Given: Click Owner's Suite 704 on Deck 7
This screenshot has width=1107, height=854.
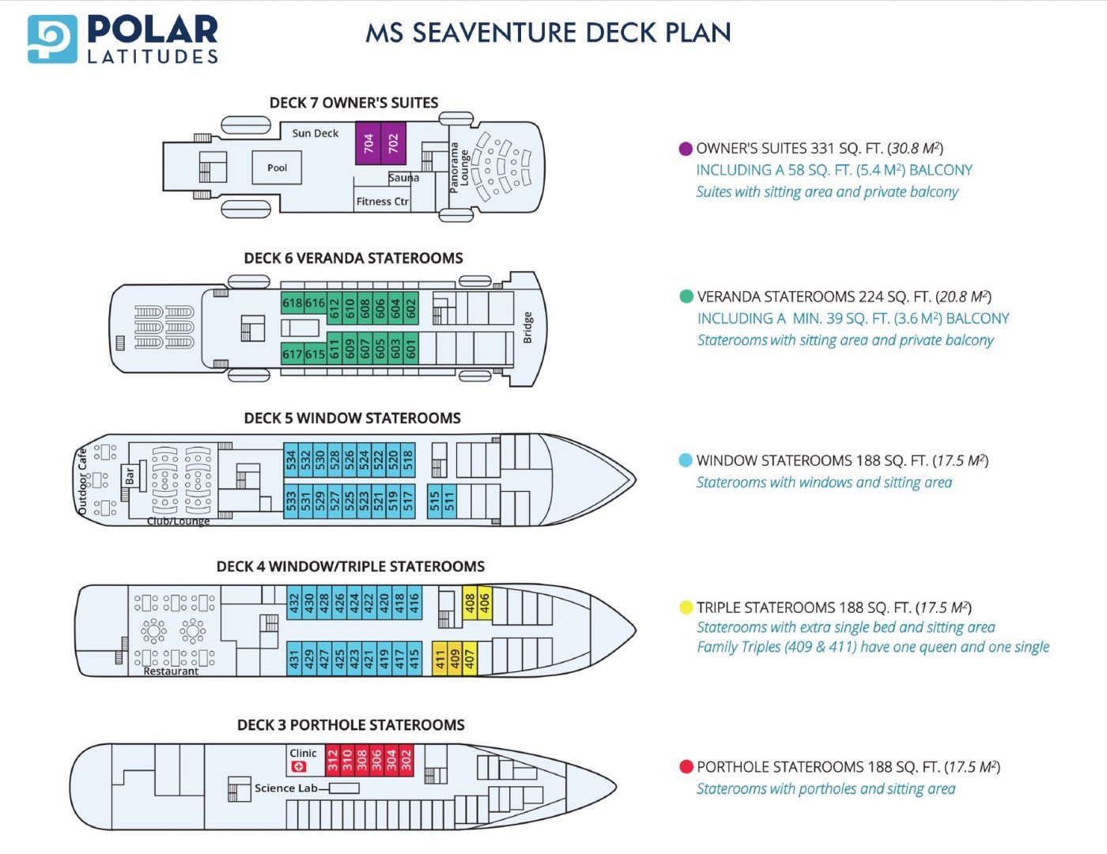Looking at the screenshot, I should click(x=368, y=143).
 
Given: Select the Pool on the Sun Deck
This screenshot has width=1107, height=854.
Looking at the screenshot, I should click(x=277, y=168).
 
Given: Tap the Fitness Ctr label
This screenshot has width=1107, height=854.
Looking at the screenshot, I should click(x=382, y=202).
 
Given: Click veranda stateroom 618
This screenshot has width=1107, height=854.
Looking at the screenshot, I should click(x=293, y=303).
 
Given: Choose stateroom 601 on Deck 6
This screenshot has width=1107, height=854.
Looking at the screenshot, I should click(x=410, y=349).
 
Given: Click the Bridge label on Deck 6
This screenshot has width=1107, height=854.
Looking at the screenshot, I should click(x=527, y=327).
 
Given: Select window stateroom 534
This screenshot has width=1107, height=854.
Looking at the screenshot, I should click(x=291, y=459).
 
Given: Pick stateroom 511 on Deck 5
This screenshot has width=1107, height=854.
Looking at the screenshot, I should click(x=449, y=501).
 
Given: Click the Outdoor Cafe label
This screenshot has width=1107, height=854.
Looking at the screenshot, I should click(x=82, y=482).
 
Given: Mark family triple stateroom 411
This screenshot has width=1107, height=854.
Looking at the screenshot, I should click(x=440, y=658).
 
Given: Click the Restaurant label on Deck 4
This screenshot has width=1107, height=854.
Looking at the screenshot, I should click(x=171, y=671).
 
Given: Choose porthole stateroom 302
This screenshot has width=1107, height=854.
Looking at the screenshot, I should click(x=406, y=759).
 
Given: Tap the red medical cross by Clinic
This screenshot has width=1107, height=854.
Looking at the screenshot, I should click(x=298, y=766).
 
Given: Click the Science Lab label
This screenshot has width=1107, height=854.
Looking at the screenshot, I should click(x=285, y=788).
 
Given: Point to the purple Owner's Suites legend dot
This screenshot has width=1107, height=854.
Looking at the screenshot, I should click(x=686, y=149).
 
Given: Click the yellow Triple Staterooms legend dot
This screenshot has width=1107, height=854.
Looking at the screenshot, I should click(x=686, y=607).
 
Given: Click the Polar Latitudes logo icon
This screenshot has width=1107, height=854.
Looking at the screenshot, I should click(x=52, y=39).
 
